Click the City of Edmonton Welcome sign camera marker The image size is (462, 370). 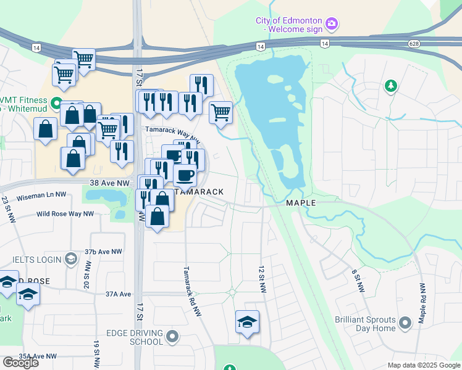click(332, 24)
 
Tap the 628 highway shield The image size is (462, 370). click(414, 43)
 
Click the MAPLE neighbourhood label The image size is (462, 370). click(301, 203)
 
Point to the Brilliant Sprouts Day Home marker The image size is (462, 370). click(405, 323)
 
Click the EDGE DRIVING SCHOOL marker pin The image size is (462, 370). click(172, 337)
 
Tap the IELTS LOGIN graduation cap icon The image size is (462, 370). click(70, 258)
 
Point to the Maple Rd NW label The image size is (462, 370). click(422, 304)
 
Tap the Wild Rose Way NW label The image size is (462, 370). click(65, 214)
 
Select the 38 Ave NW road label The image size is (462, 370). click(109, 183)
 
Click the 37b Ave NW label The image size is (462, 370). click(104, 252)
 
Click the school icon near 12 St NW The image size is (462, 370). click(247, 322)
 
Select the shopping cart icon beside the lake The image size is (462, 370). click(220, 112)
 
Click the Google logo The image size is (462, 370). click(20, 363)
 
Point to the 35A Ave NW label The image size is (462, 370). click(37, 356)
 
